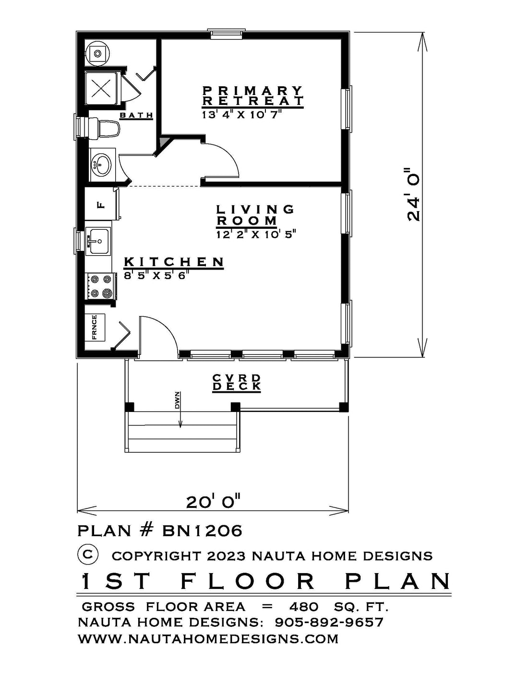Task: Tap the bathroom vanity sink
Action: click(x=101, y=165)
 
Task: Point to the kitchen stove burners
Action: click(x=101, y=286)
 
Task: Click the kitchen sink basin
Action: click(x=98, y=241)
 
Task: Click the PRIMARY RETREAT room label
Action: click(x=252, y=96)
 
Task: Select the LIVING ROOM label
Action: click(x=255, y=215)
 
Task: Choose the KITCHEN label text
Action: click(x=174, y=262)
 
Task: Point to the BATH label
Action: click(x=136, y=116)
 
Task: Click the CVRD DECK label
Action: click(x=237, y=382)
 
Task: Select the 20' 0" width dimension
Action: click(x=214, y=502)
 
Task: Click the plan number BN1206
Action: click(x=202, y=540)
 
